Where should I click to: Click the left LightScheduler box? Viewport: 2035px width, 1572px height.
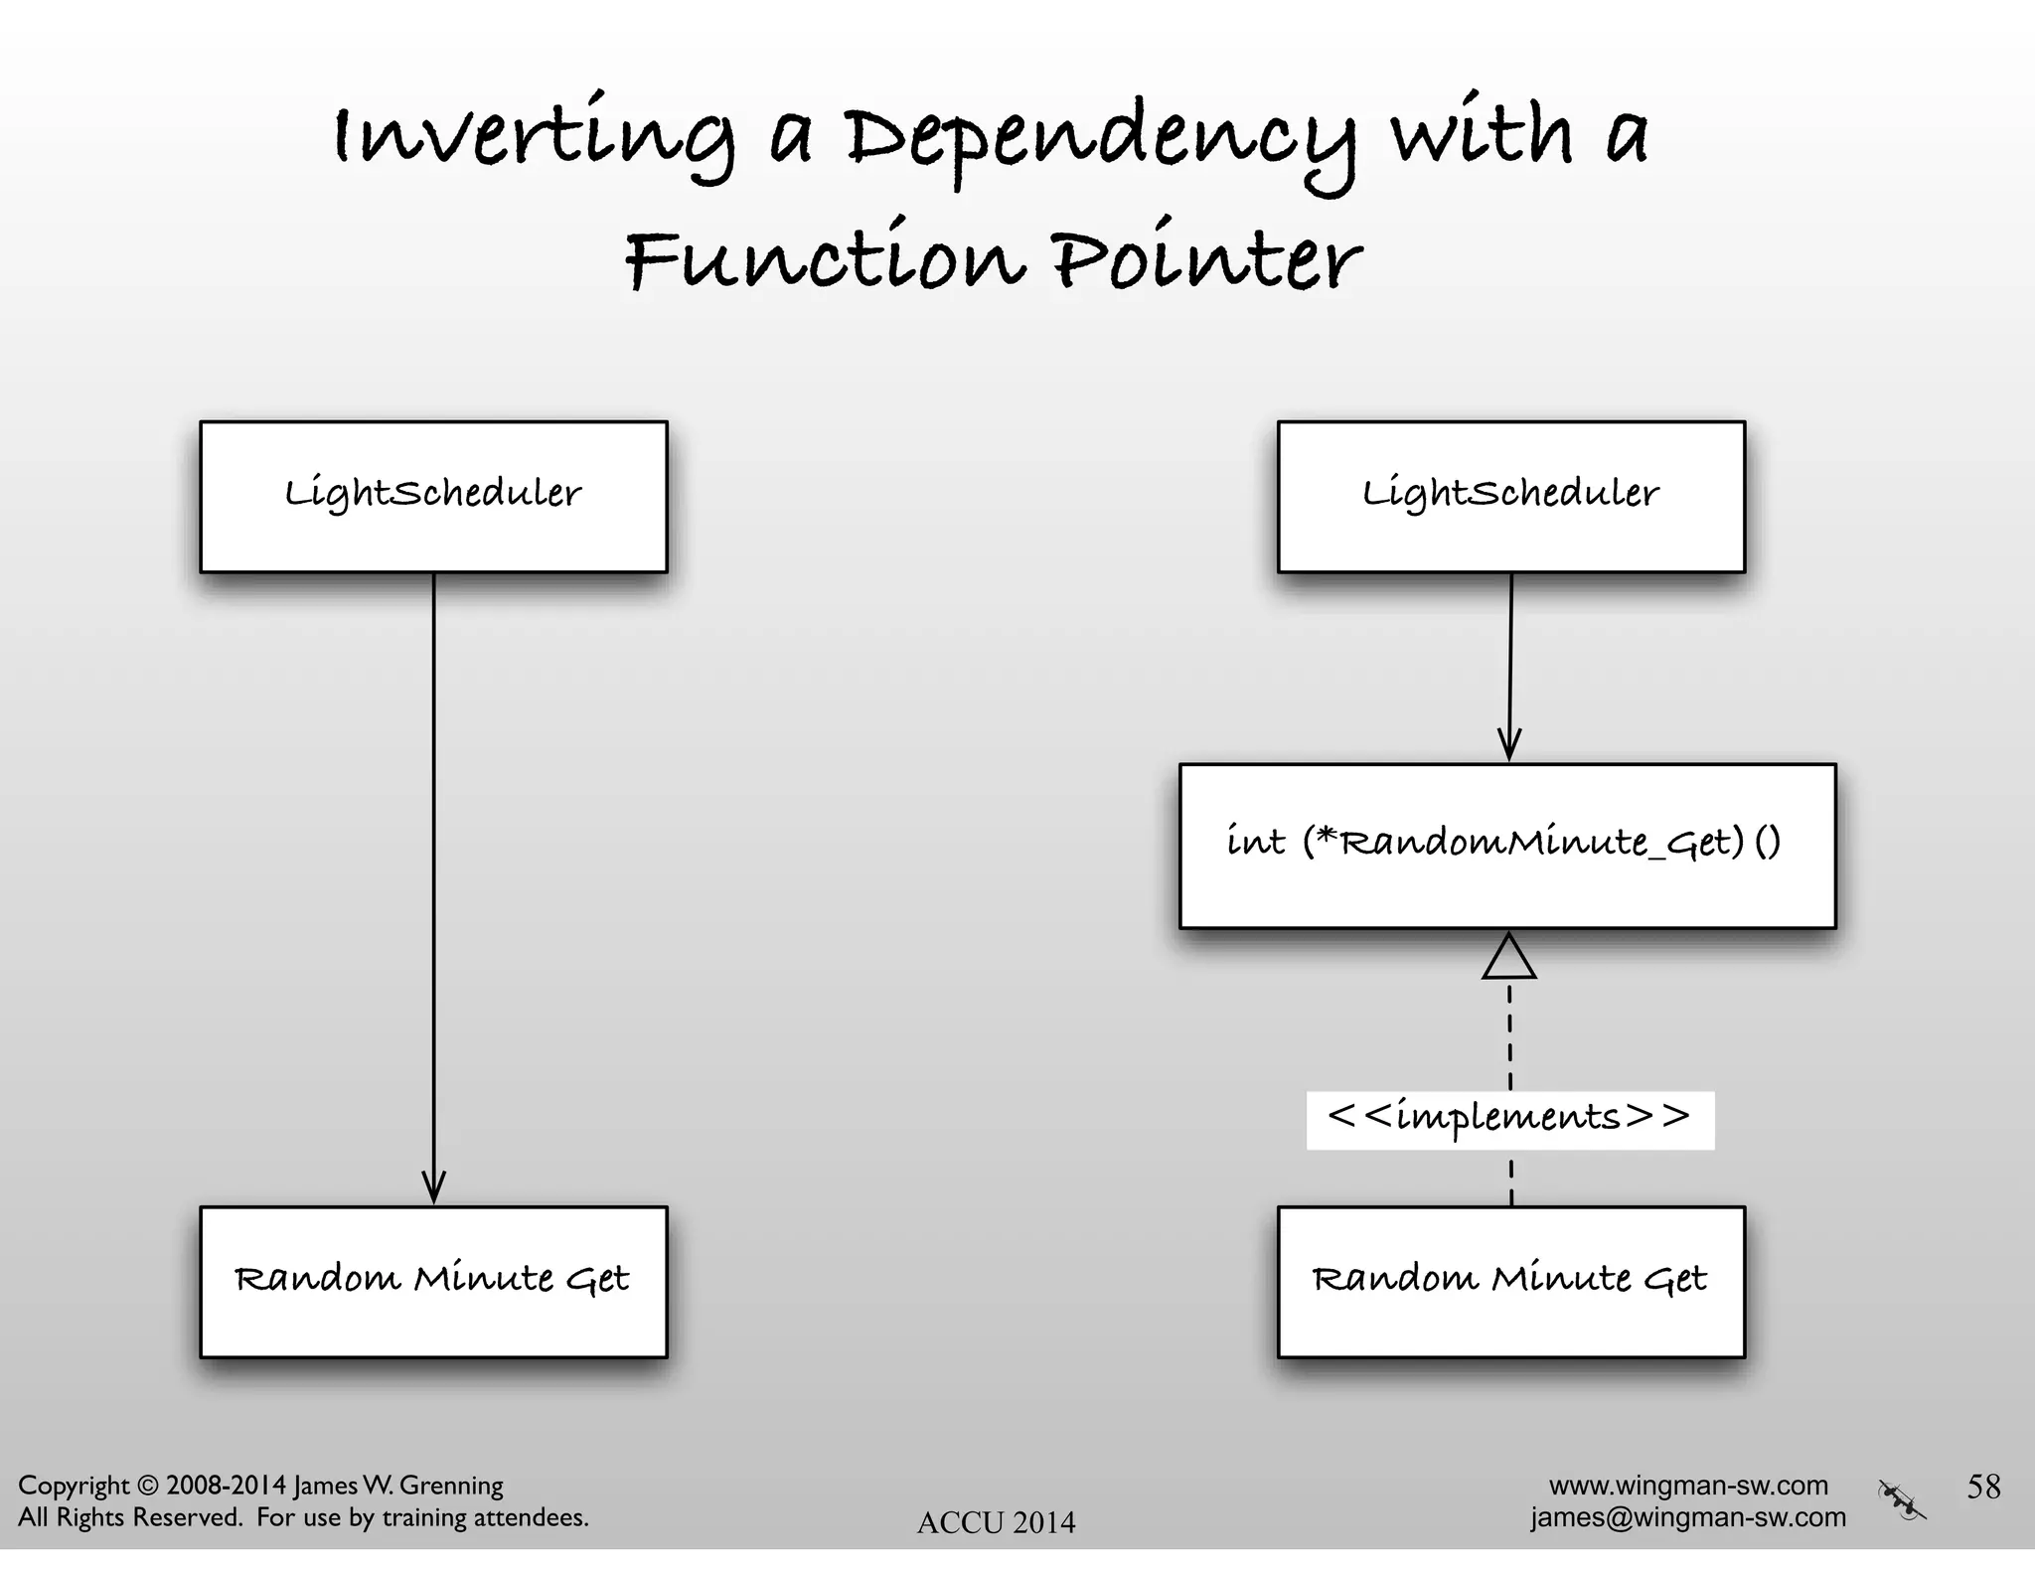(x=433, y=496)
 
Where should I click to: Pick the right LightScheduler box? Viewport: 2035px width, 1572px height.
(x=1510, y=496)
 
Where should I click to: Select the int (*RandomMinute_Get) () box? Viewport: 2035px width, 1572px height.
(x=1506, y=845)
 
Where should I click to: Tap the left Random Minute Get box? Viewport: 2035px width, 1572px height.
(x=433, y=1281)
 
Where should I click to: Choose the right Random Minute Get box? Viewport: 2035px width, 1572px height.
(x=1510, y=1281)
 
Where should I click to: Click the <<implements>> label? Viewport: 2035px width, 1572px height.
(x=1508, y=1119)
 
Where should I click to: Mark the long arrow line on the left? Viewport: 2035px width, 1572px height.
(x=433, y=874)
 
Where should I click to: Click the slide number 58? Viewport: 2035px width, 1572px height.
(x=1983, y=1487)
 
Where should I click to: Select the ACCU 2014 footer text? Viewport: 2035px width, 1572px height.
(x=996, y=1522)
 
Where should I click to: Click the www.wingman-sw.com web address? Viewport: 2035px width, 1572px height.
(x=1688, y=1486)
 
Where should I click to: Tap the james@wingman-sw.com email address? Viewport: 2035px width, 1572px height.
(x=1688, y=1517)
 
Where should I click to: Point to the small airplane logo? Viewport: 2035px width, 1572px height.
(x=1902, y=1500)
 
